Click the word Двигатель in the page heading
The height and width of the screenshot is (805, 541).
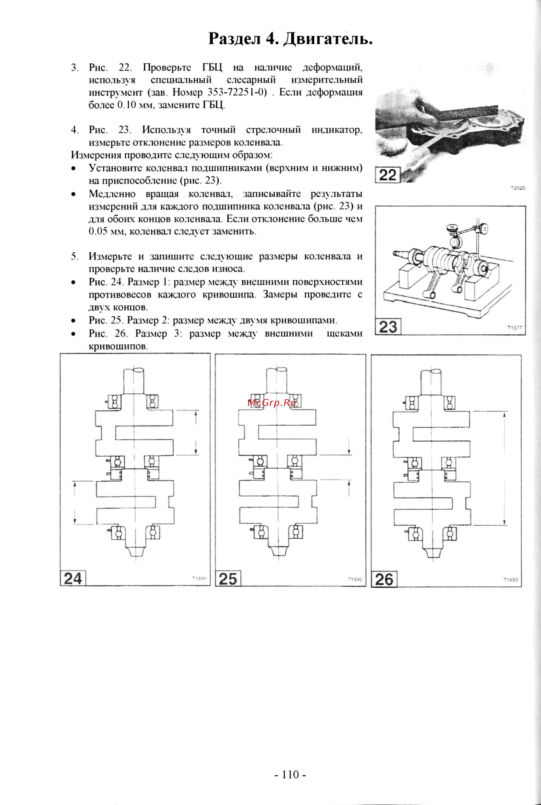328,39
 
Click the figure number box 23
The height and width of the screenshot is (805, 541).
388,327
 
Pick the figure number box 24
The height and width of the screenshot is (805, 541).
73,578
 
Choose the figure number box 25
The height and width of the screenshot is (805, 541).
228,579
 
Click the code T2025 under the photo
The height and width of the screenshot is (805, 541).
517,188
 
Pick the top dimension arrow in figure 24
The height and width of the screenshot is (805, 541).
196,432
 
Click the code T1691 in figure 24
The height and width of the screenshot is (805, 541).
199,578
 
